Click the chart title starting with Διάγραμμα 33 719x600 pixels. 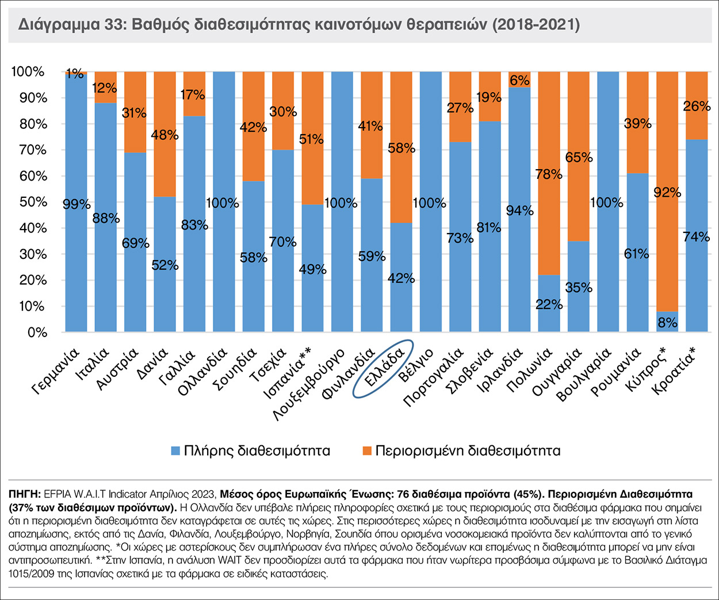point(299,25)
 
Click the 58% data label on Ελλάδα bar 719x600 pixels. point(401,148)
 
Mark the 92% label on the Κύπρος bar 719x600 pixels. point(667,193)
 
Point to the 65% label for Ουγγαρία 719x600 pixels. point(579,158)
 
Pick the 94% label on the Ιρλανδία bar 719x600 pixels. point(519,211)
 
